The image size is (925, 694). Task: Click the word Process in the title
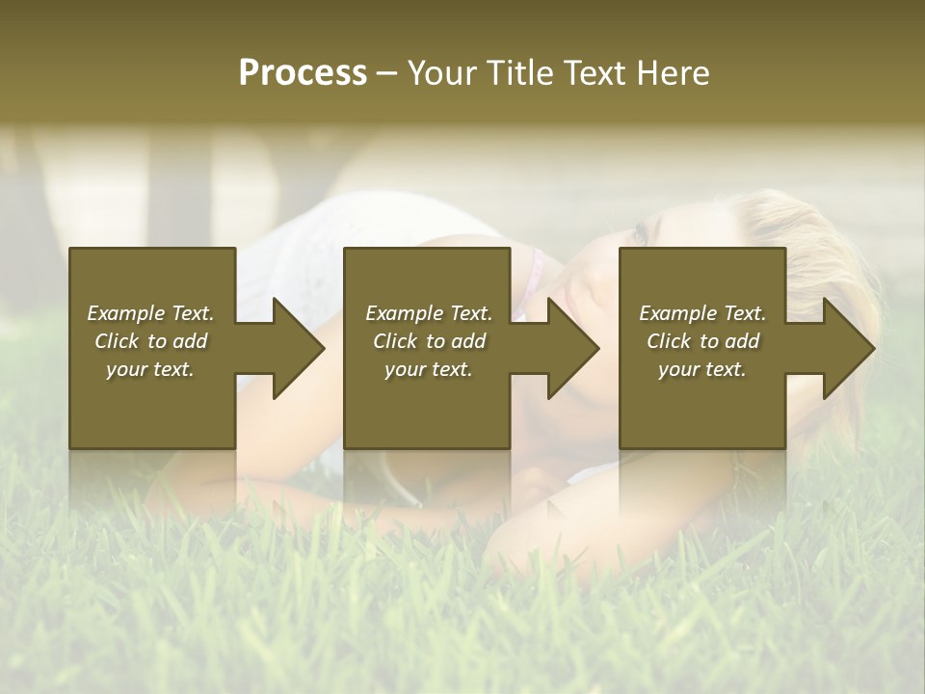point(303,73)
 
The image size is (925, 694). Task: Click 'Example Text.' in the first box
point(150,313)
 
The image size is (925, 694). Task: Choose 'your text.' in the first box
point(150,369)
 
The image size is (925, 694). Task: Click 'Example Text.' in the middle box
point(429,313)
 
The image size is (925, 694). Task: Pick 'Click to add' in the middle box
point(429,341)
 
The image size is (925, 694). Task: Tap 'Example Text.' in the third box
point(702,313)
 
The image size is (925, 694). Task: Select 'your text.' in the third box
point(702,369)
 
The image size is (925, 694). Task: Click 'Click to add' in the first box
point(150,341)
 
